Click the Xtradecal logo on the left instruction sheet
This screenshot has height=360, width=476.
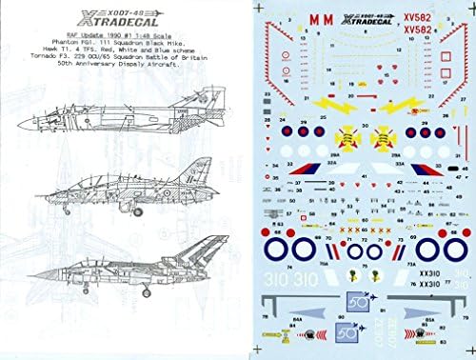point(106,20)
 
